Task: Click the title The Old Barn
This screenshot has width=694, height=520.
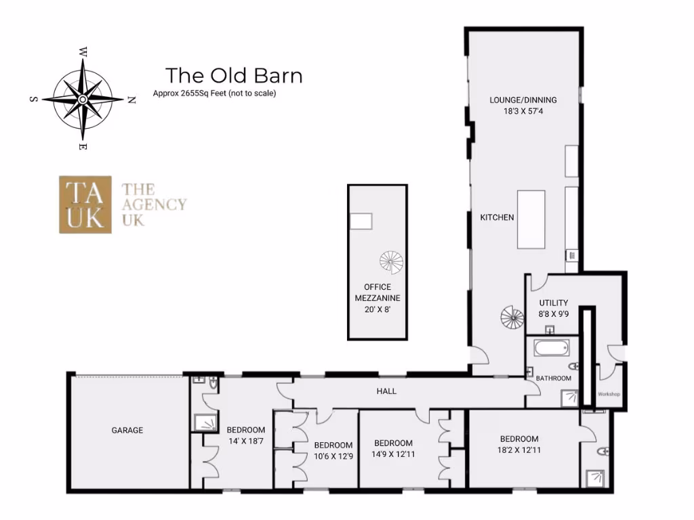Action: pos(234,75)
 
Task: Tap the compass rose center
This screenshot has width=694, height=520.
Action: pos(82,99)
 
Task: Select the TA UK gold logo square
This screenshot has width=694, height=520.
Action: pos(85,204)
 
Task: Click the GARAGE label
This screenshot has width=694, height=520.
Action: pos(127,430)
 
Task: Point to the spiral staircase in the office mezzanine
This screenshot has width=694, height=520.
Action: pos(391,261)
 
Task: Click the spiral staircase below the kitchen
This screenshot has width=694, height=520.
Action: pos(512,317)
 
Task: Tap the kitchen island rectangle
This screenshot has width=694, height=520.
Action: pos(531,220)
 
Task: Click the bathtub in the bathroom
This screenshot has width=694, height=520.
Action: pos(551,349)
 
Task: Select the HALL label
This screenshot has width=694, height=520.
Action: pos(386,391)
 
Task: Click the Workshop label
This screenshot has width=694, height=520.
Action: pos(609,394)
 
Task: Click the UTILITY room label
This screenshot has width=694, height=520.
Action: pos(554,303)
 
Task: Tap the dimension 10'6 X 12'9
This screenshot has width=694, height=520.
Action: pos(333,456)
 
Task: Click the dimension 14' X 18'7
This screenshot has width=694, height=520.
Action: pos(246,441)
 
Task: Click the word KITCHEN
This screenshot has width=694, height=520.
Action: pos(497,217)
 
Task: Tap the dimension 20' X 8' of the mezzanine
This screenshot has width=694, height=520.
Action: pos(377,309)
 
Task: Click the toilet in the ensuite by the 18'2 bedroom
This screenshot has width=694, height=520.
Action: pos(603,451)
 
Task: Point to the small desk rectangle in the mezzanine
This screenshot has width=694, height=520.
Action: pos(361,221)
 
